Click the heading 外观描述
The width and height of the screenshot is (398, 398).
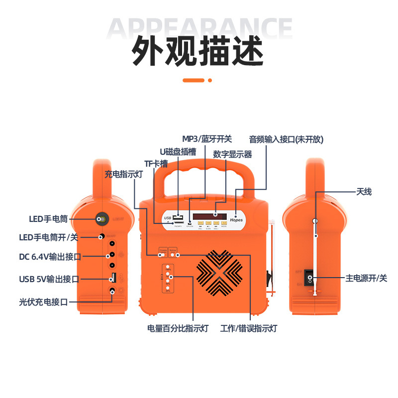tap(198, 51)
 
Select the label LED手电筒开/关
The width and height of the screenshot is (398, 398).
tap(48, 237)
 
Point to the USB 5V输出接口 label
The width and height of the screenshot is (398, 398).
tap(48, 279)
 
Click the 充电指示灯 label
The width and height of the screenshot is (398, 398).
tap(124, 174)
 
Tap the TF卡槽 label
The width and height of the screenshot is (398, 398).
tap(156, 164)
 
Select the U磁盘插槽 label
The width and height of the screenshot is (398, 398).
tap(178, 151)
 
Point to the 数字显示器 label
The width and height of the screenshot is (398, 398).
tap(232, 154)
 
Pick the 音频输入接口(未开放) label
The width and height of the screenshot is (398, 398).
tap(286, 139)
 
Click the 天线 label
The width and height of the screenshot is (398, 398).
tap(364, 192)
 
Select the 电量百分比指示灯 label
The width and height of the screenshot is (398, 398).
tap(178, 328)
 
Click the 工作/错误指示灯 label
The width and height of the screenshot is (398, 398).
tap(249, 328)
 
